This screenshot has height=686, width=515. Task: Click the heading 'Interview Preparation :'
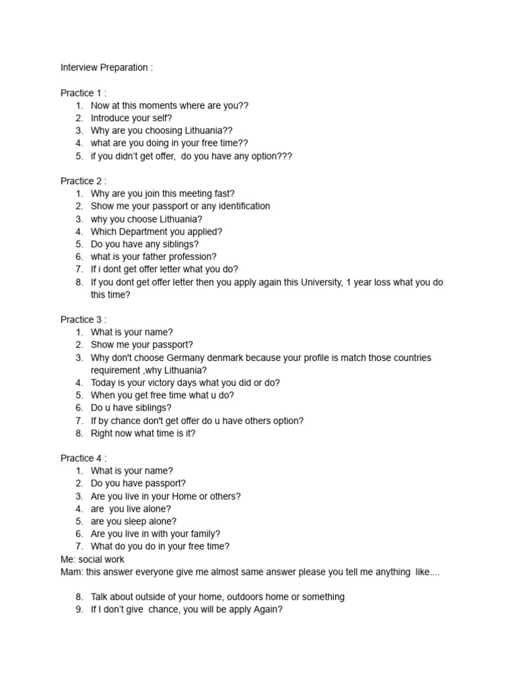coord(107,68)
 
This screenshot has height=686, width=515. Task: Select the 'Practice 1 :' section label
coord(83,93)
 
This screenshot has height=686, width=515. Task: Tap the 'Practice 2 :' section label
coord(83,181)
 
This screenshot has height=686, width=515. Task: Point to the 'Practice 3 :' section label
coord(83,320)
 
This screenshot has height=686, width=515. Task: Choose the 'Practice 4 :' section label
coord(83,458)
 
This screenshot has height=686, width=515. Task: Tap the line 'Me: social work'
coord(92,559)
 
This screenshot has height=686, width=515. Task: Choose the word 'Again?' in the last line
coord(268,610)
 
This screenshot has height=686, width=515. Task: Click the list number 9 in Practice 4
coord(78,610)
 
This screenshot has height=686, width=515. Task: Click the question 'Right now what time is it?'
coord(144,433)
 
